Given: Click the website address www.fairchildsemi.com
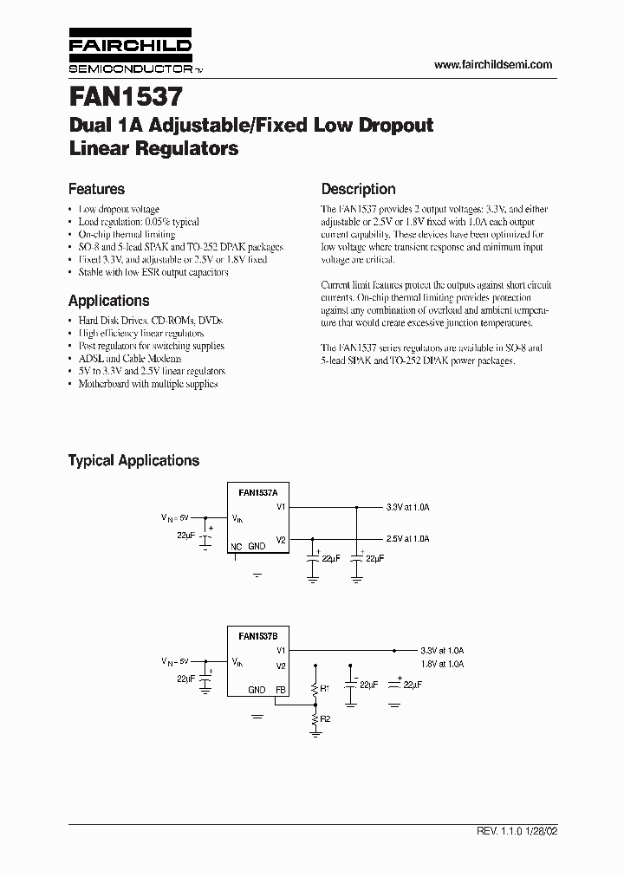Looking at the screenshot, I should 492,65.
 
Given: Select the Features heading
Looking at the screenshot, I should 96,189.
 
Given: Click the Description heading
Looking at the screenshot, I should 358,189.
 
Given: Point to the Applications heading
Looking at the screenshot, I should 108,301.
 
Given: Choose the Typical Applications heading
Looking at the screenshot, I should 133,461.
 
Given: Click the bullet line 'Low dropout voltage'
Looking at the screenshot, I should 119,210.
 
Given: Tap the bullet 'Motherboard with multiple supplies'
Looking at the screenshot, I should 147,383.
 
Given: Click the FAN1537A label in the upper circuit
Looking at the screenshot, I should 257,492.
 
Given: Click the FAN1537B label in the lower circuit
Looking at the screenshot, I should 257,636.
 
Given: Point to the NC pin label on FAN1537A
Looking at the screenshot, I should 236,547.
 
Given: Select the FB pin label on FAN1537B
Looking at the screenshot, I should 280,690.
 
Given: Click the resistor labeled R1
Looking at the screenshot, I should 314,689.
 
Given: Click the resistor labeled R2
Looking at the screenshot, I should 314,718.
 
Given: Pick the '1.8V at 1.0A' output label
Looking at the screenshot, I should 442,664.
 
